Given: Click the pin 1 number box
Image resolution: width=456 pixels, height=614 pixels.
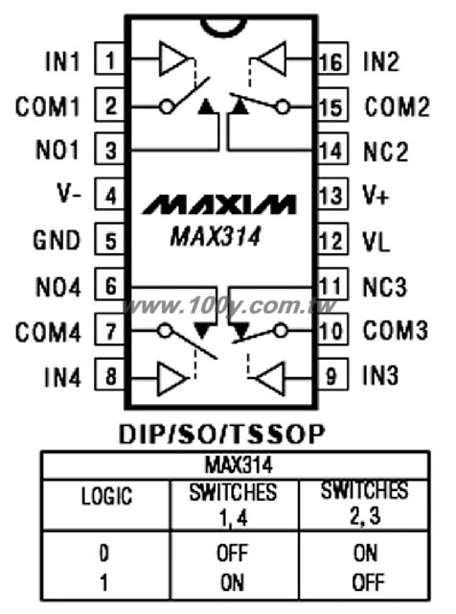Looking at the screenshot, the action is click(x=110, y=59).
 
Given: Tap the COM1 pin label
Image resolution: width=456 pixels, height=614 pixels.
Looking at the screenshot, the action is click(x=48, y=106).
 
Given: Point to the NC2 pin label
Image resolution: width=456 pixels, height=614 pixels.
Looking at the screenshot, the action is click(x=386, y=152).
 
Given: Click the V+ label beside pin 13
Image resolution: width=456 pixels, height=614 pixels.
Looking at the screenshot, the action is click(x=376, y=196).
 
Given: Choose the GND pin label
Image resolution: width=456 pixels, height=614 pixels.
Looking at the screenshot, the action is click(x=57, y=240).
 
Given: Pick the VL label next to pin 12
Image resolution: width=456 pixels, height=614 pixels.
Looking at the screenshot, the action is click(x=376, y=242).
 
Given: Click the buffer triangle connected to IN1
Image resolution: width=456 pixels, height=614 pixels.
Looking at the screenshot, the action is click(x=172, y=59).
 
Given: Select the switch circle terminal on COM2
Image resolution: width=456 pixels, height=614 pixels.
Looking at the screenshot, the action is click(x=283, y=106).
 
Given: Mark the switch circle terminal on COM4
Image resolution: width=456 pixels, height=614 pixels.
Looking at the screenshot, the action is click(x=165, y=331).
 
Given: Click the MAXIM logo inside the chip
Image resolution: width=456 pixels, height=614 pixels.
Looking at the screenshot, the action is click(x=218, y=204).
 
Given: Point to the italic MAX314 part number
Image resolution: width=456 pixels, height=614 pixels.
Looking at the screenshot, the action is click(x=216, y=237).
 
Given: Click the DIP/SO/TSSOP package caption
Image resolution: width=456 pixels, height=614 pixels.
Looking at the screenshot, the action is click(x=221, y=435).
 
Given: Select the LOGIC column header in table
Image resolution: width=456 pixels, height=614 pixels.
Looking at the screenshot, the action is click(x=106, y=496).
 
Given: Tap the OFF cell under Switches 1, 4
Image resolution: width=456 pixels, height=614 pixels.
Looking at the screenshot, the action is click(x=232, y=553).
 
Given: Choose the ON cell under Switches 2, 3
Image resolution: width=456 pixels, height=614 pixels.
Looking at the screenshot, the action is click(x=365, y=553).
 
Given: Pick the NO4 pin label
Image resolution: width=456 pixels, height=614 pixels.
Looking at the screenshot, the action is click(x=57, y=287).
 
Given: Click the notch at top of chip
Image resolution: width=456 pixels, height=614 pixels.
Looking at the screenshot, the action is click(x=220, y=27).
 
